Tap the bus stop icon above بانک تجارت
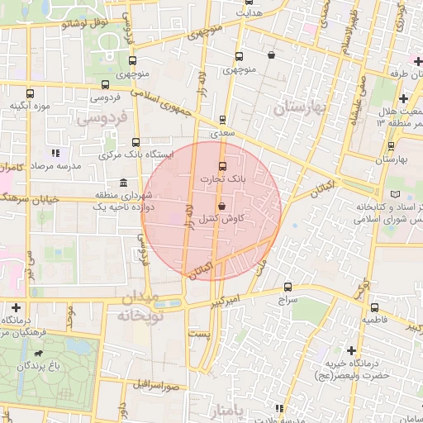tap(221, 164)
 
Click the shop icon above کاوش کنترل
tap(221, 205)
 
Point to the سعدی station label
tap(223, 132)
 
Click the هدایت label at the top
tap(249, 14)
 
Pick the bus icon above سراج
tap(287, 288)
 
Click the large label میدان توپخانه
tap(141, 307)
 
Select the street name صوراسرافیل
tap(148, 386)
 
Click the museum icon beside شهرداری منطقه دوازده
tap(123, 183)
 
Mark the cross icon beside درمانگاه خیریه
tap(353, 350)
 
